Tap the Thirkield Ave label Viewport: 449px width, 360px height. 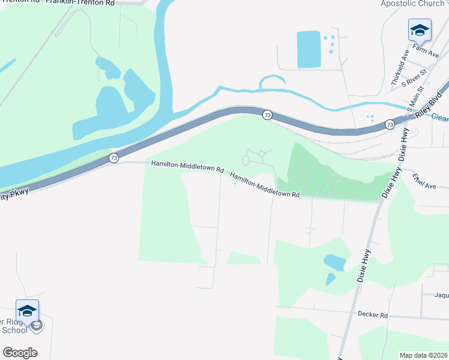(x=399, y=66)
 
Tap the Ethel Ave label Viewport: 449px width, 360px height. (x=424, y=182)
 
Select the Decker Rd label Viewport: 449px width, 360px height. (x=372, y=314)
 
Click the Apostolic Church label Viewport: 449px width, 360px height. (x=412, y=4)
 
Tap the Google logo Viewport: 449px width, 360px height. (x=20, y=353)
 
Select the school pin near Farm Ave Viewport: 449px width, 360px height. (x=420, y=29)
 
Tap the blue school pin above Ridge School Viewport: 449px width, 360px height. (x=27, y=310)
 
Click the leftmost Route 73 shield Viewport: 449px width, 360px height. (x=113, y=158)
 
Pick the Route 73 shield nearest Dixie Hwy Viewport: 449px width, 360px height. (x=390, y=124)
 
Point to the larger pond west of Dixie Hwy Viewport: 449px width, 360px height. (x=335, y=262)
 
